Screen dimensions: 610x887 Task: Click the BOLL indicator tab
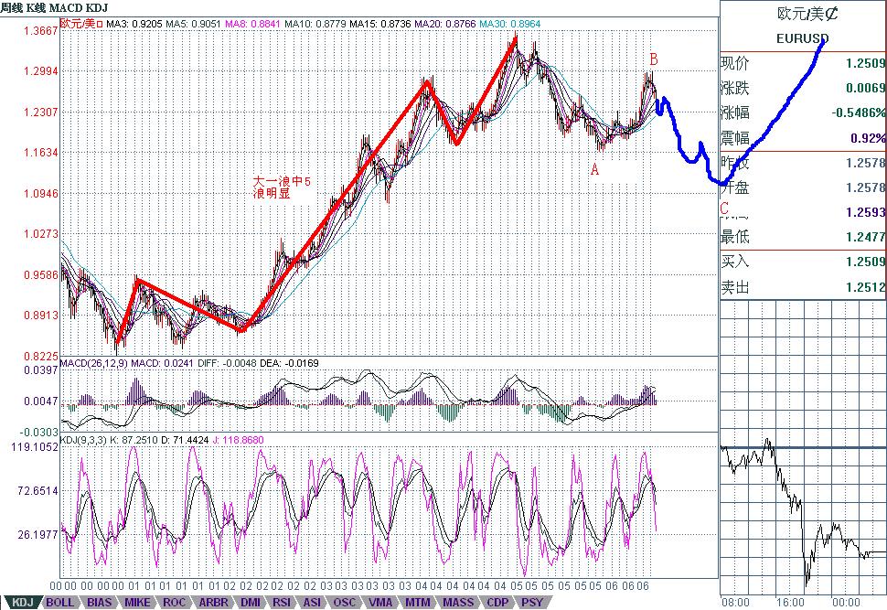click(x=59, y=603)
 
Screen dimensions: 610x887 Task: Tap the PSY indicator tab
click(x=530, y=603)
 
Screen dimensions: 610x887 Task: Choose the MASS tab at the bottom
click(x=458, y=603)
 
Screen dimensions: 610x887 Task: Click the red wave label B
click(x=654, y=59)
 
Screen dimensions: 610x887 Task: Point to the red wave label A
click(x=594, y=169)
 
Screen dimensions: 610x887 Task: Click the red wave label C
click(x=724, y=209)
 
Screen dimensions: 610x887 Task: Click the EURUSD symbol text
click(x=802, y=38)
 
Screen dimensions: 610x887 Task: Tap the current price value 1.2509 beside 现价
click(x=865, y=63)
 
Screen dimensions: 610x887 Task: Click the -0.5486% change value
click(x=858, y=112)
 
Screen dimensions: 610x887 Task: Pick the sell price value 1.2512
click(x=865, y=287)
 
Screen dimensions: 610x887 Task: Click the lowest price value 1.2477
click(x=865, y=237)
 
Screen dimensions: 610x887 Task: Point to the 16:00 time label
click(x=792, y=603)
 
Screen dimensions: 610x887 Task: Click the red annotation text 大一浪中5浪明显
click(x=283, y=187)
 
